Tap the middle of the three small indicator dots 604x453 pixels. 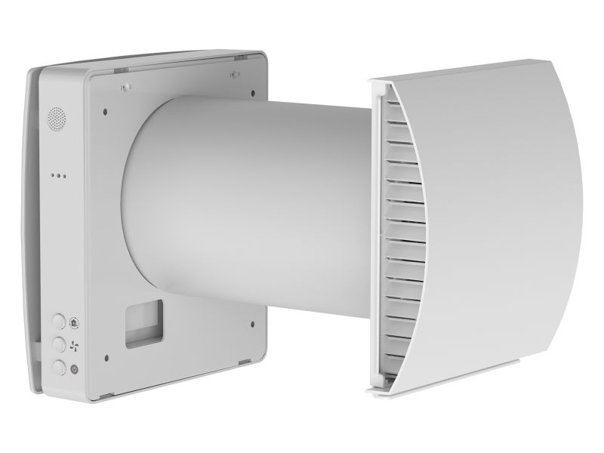[x=57, y=175]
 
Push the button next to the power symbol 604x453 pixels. [x=58, y=368]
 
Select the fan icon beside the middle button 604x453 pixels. [x=74, y=345]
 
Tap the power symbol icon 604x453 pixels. [x=74, y=369]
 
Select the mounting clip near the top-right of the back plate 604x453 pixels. [x=235, y=73]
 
